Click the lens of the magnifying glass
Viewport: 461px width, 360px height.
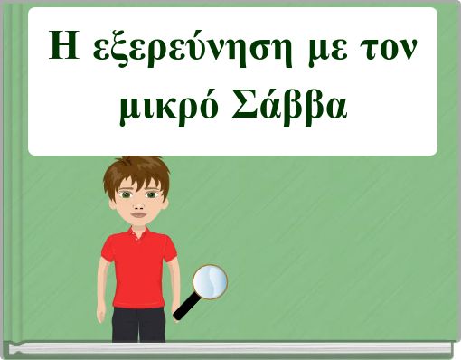[211, 281]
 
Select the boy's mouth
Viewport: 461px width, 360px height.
[137, 217]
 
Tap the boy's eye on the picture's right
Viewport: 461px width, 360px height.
[150, 194]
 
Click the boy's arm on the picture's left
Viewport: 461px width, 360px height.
[103, 280]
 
